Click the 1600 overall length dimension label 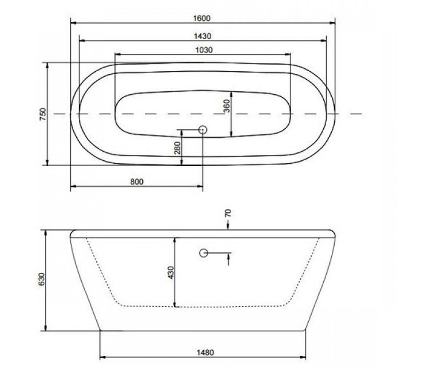[202, 18]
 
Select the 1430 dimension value [202, 36]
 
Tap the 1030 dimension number [204, 50]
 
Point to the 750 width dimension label [43, 114]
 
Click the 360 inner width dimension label [227, 106]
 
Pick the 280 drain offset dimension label [177, 148]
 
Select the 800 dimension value [137, 182]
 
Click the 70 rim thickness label [228, 213]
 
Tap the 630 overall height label [42, 279]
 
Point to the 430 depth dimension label [171, 273]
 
